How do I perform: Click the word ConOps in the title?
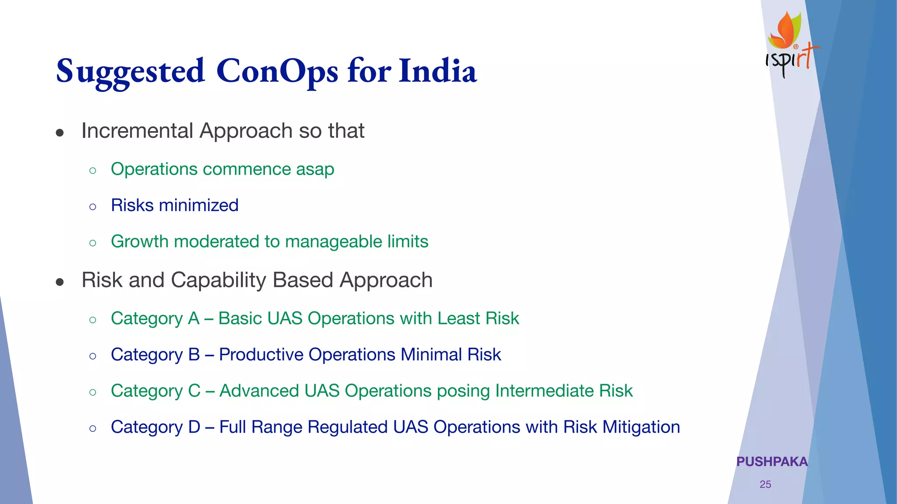click(277, 71)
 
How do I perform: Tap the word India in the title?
click(438, 71)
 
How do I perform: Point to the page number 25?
click(765, 484)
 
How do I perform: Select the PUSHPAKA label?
click(772, 462)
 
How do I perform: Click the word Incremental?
click(137, 131)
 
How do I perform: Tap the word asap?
click(315, 169)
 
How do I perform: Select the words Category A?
click(155, 318)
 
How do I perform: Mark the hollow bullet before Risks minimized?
click(92, 206)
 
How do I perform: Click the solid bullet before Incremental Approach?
click(60, 133)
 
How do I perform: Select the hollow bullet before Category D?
click(92, 428)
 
